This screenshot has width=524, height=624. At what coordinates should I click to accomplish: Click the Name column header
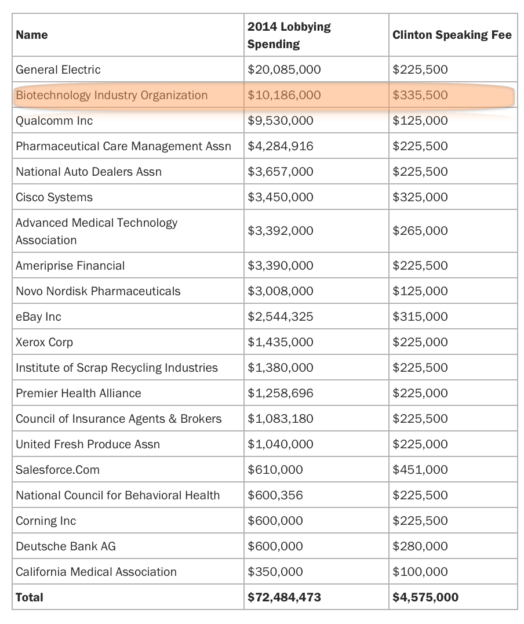[x=32, y=35]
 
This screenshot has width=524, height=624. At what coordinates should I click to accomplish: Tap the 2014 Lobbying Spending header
[x=289, y=35]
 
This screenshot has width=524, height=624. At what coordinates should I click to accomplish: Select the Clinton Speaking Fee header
[x=452, y=35]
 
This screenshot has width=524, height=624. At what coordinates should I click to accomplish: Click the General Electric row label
[x=58, y=70]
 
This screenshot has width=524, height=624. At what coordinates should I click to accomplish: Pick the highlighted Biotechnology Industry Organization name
[x=111, y=95]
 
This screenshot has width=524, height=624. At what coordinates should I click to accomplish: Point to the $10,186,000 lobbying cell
[x=283, y=95]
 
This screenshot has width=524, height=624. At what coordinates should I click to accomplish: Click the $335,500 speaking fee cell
[x=420, y=95]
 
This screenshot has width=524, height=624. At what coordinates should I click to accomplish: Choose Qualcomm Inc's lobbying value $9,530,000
[x=280, y=121]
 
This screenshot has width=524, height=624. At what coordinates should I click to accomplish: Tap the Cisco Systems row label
[x=54, y=197]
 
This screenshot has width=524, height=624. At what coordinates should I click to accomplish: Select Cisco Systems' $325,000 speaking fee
[x=420, y=197]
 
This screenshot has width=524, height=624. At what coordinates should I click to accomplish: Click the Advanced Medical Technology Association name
[x=96, y=231]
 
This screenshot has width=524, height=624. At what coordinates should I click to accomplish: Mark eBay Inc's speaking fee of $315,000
[x=420, y=317]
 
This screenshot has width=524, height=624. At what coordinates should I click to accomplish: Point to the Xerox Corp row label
[x=44, y=342]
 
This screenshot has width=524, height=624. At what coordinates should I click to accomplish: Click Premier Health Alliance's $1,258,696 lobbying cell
[x=280, y=393]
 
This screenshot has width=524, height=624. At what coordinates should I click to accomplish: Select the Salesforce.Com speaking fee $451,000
[x=420, y=470]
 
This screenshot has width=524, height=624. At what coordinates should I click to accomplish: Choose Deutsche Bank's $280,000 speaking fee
[x=420, y=546]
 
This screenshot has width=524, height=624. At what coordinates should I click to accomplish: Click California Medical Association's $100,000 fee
[x=420, y=572]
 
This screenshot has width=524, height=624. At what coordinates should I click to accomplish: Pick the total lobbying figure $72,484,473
[x=283, y=597]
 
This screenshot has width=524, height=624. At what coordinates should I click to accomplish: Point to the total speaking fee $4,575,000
[x=425, y=597]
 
